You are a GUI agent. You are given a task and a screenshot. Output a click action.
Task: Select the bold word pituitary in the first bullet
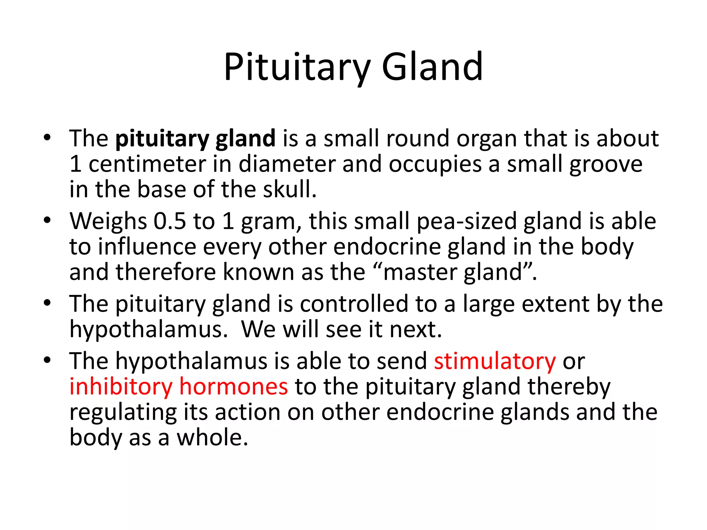(162, 139)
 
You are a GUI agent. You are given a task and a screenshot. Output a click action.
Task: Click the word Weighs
(108, 221)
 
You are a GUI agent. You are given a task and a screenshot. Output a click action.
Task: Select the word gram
(271, 221)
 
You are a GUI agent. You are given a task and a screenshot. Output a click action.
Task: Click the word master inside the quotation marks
(419, 272)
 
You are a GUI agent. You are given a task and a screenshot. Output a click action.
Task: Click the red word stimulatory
(495, 361)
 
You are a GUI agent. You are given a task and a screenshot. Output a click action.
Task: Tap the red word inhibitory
(120, 387)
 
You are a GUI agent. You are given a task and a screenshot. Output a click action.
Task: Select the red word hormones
(234, 387)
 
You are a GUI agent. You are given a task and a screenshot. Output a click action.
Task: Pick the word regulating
(123, 412)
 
